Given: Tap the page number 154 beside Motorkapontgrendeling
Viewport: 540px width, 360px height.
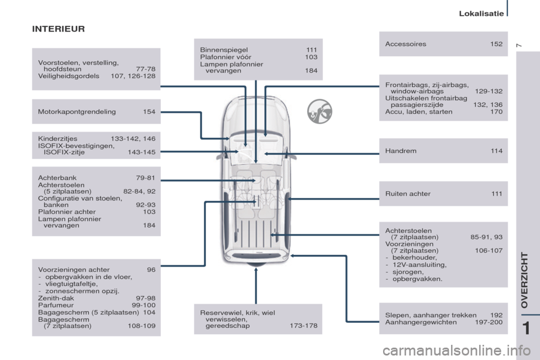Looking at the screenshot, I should [x=149, y=112].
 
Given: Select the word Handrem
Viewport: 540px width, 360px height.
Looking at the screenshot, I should [x=400, y=151].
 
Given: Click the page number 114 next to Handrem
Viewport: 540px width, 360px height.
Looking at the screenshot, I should [x=496, y=151].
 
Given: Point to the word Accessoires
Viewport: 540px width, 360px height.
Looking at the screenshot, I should [x=406, y=44].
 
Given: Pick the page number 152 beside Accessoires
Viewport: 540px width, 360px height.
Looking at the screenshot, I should [x=496, y=44].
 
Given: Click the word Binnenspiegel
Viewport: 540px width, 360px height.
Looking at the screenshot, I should [x=224, y=50].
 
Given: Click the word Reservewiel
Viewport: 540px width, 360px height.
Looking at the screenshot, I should [x=220, y=313].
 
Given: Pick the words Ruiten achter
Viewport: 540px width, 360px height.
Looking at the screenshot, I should [x=408, y=194].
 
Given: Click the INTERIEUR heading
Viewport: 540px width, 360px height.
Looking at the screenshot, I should [x=58, y=29].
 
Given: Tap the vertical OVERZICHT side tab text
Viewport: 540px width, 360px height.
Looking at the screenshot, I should [x=525, y=280].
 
